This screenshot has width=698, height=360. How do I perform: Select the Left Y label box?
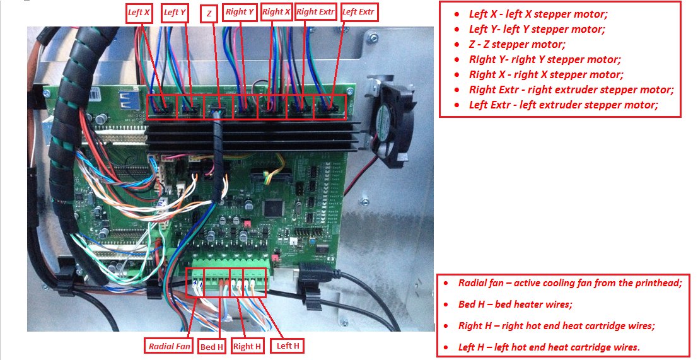pyautogui.click(x=175, y=13)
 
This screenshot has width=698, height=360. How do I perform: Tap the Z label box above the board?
pyautogui.click(x=209, y=14)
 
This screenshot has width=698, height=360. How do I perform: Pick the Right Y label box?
pyautogui.click(x=239, y=13)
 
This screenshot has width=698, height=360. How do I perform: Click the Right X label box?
pyautogui.click(x=276, y=13)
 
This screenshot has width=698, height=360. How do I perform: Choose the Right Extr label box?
pyautogui.click(x=315, y=13)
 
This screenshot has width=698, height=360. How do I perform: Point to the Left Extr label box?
pyautogui.click(x=358, y=13)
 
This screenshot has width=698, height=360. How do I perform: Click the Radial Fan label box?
pyautogui.click(x=170, y=346)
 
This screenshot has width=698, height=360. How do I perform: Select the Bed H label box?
pyautogui.click(x=212, y=347)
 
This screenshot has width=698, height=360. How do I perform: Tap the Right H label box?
pyautogui.click(x=247, y=346)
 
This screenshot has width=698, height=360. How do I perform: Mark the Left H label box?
pyautogui.click(x=288, y=345)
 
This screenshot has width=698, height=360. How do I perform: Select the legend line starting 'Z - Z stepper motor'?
pyautogui.click(x=517, y=44)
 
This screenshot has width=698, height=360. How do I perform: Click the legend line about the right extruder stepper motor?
pyautogui.click(x=571, y=90)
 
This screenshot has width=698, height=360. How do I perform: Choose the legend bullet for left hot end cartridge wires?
pyautogui.click(x=549, y=347)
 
